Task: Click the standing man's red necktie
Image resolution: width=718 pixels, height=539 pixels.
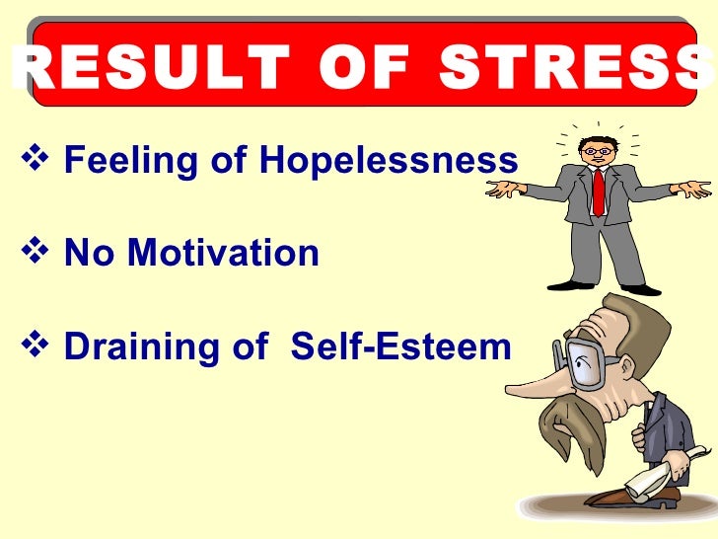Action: pyautogui.click(x=598, y=192)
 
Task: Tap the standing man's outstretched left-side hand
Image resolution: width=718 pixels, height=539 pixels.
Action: pyautogui.click(x=505, y=189)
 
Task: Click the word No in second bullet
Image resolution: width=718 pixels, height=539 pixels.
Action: pyautogui.click(x=90, y=254)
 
